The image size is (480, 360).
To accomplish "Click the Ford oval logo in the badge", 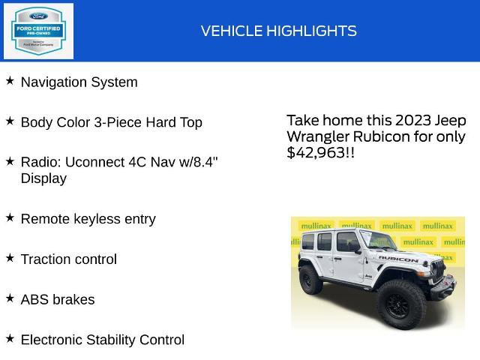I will [x=39, y=16].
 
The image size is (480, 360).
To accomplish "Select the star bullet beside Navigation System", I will [x=10, y=80].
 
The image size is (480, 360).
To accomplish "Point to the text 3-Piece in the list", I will [x=121, y=122].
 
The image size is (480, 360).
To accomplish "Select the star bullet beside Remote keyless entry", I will [x=10, y=217].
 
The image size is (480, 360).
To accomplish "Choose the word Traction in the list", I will [x=46, y=259].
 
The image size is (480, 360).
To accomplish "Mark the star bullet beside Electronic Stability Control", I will [x=10, y=338].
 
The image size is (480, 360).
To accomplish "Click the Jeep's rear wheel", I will [x=310, y=280].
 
